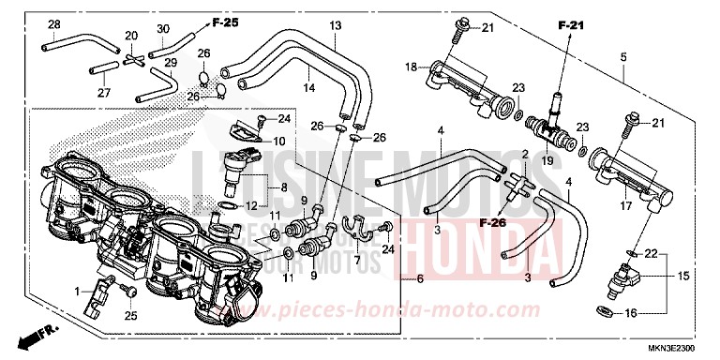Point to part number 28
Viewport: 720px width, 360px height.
pyautogui.click(x=53, y=24)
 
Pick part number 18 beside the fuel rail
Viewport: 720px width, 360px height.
pyautogui.click(x=410, y=67)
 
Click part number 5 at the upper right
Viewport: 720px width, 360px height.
pyautogui.click(x=622, y=56)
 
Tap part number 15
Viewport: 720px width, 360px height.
pyautogui.click(x=683, y=277)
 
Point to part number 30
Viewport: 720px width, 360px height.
pyautogui.click(x=163, y=27)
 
